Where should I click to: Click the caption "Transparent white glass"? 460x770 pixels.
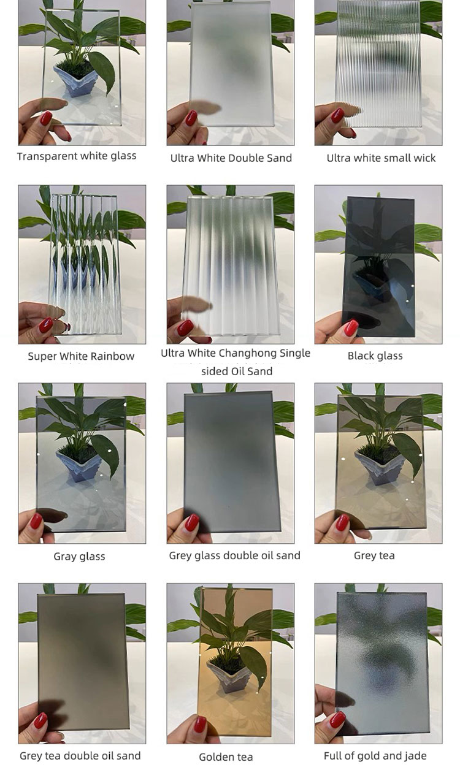tap(77, 156)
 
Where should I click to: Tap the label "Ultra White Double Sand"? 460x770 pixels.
tap(231, 158)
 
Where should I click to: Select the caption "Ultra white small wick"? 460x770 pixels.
tap(381, 158)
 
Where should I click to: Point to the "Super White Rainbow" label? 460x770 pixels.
tap(81, 356)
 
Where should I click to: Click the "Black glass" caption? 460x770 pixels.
tap(375, 356)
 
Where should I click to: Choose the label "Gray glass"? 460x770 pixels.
tap(79, 557)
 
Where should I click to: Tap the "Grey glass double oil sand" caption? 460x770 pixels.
tap(235, 556)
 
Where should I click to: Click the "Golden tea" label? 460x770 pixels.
tap(226, 757)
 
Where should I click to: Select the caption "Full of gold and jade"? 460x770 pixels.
tap(375, 755)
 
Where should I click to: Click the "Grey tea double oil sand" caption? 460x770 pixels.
tap(80, 755)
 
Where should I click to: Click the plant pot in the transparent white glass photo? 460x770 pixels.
tap(76, 83)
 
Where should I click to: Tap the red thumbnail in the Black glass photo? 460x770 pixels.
tap(351, 327)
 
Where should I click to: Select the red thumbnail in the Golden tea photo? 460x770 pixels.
tap(200, 724)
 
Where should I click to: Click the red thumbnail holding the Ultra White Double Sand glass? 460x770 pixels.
tap(192, 118)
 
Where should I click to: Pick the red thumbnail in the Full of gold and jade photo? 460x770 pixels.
tap(337, 720)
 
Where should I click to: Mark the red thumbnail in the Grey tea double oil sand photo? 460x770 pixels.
tap(40, 720)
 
